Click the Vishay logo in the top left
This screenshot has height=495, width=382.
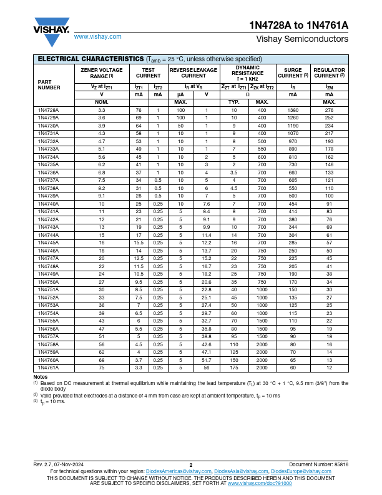(x=51, y=27)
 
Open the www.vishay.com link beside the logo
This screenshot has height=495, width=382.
(x=97, y=37)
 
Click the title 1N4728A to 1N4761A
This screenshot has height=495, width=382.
(x=307, y=26)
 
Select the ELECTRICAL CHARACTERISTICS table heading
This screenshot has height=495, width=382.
(x=91, y=58)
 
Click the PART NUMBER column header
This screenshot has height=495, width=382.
(x=49, y=84)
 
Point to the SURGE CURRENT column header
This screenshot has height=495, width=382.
(x=293, y=72)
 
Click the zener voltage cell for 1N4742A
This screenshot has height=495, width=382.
(x=101, y=219)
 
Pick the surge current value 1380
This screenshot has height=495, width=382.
(x=293, y=110)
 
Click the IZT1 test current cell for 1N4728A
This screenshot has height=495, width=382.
(x=139, y=110)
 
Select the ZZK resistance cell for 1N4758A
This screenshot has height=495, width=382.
(x=262, y=344)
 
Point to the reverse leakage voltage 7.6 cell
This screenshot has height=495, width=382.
(x=206, y=204)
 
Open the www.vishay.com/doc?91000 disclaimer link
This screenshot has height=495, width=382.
(x=259, y=483)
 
